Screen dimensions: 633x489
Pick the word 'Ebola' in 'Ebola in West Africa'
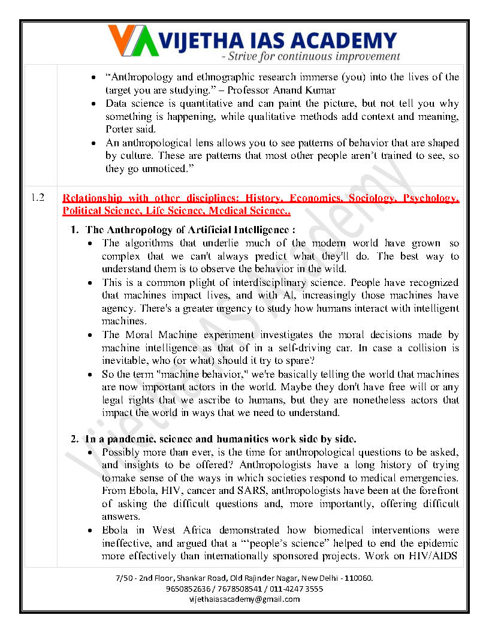tap(115, 530)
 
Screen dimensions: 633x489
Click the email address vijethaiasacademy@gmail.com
tap(244, 599)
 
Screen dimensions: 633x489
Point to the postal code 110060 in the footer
tap(358, 579)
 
